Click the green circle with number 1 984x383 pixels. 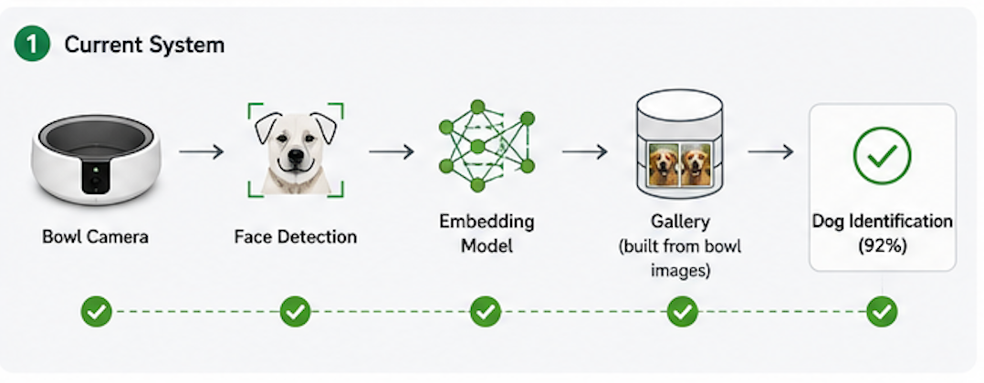[x=31, y=45]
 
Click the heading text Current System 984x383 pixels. [x=144, y=45]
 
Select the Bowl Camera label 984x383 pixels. [x=95, y=237]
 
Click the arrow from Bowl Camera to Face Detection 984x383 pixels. [x=201, y=151]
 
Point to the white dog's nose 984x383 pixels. [x=295, y=154]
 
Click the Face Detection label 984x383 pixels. [x=296, y=237]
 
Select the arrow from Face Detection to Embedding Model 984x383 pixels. [x=391, y=151]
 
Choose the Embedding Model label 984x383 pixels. [x=487, y=233]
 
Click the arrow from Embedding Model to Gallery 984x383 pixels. [x=584, y=151]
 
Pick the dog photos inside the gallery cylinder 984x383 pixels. [x=680, y=164]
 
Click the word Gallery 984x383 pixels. [x=680, y=222]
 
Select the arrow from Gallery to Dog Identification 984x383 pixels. [x=770, y=151]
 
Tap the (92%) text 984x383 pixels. [x=883, y=246]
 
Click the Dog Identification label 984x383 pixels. [x=883, y=222]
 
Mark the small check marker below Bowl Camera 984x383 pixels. [x=96, y=312]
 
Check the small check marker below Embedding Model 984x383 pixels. [x=485, y=312]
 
